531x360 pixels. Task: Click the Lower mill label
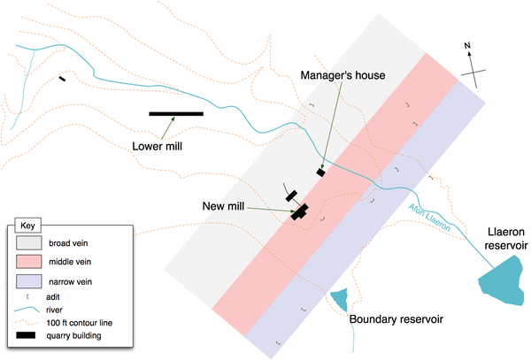pos(157,146)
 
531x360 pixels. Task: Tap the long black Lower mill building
pos(176,114)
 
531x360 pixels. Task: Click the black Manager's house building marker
pos(321,172)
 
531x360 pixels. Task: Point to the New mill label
pos(223,206)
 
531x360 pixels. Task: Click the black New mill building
pos(299,211)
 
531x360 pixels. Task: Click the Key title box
pos(28,225)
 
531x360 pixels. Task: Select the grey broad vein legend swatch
pos(29,241)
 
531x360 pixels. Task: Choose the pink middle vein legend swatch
pos(29,262)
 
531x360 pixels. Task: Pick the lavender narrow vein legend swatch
pos(29,282)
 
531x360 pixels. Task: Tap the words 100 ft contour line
pos(89,322)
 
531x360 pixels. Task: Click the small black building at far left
pos(62,80)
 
